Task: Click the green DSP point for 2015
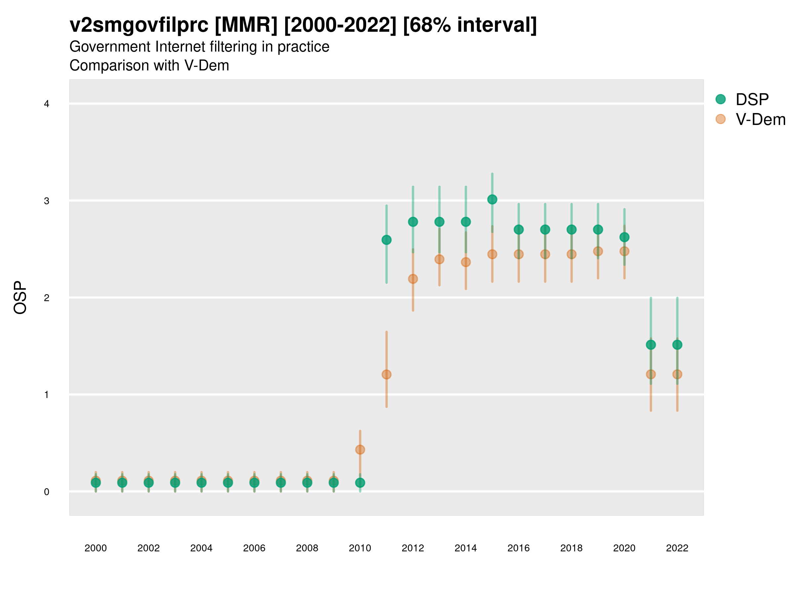pyautogui.click(x=492, y=199)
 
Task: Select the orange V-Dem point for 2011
pyautogui.click(x=387, y=375)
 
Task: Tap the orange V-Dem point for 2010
pyautogui.click(x=360, y=449)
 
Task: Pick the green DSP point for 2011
pyautogui.click(x=387, y=240)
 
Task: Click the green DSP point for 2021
pyautogui.click(x=651, y=345)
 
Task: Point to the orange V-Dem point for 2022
pyautogui.click(x=677, y=375)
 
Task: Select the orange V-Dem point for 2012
pyautogui.click(x=413, y=279)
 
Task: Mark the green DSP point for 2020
pyautogui.click(x=624, y=237)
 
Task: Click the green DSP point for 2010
pyautogui.click(x=360, y=483)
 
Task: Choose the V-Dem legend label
pyautogui.click(x=760, y=119)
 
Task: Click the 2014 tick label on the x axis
pyautogui.click(x=466, y=548)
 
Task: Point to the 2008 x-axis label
pyautogui.click(x=307, y=548)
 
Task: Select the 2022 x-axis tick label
pyautogui.click(x=677, y=548)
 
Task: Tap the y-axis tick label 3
pyautogui.click(x=47, y=201)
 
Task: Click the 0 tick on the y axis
pyautogui.click(x=47, y=492)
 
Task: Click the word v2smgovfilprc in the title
pyautogui.click(x=139, y=25)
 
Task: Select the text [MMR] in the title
pyautogui.click(x=246, y=25)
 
